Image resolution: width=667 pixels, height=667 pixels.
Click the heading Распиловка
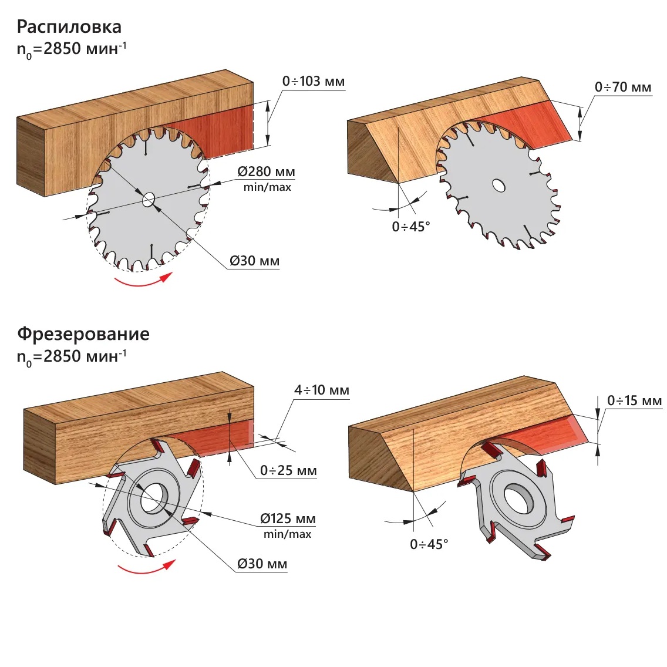[69, 26]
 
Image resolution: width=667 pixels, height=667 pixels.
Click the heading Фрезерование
[83, 333]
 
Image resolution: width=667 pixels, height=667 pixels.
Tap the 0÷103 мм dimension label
[313, 81]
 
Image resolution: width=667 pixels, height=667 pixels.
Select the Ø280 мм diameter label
[266, 172]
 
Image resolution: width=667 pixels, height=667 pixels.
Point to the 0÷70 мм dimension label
[623, 87]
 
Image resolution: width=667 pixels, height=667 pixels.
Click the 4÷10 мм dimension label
[321, 390]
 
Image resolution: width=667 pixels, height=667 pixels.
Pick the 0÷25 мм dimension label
[288, 470]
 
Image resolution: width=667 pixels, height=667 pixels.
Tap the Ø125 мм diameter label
[288, 519]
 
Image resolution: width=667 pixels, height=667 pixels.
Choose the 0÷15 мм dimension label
[634, 400]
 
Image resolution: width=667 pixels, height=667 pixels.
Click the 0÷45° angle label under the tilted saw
[411, 227]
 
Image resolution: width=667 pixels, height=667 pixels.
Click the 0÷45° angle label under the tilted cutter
[429, 544]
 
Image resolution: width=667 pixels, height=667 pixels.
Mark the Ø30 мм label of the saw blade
[254, 261]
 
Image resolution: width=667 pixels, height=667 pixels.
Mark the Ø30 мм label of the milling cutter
[262, 564]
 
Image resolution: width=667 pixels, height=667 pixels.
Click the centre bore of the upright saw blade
[149, 200]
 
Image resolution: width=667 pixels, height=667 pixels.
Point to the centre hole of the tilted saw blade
[498, 186]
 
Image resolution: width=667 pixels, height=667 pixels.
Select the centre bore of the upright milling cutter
[154, 497]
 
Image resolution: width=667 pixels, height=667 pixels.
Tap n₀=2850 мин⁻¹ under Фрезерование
[72, 356]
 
